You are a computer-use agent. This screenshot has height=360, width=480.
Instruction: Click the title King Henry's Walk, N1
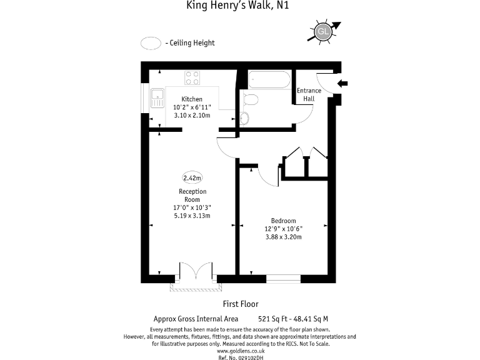click(240, 6)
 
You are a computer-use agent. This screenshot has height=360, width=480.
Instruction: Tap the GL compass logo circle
click(323, 31)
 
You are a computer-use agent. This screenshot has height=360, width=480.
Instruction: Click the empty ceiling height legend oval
click(151, 43)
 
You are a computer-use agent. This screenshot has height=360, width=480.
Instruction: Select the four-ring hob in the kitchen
click(192, 78)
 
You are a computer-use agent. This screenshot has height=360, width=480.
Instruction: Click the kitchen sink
click(156, 98)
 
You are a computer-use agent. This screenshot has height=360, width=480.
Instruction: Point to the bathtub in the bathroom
click(269, 80)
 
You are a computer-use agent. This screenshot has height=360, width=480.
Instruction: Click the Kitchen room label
click(192, 99)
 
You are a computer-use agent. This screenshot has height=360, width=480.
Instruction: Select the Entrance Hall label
click(309, 94)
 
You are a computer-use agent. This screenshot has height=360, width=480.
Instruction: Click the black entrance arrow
click(342, 83)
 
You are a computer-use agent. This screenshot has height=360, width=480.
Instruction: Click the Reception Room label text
click(192, 195)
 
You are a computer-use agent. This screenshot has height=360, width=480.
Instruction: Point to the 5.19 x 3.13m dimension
click(192, 216)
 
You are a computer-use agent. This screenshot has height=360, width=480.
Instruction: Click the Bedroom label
click(283, 220)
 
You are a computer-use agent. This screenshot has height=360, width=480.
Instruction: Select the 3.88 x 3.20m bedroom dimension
click(283, 237)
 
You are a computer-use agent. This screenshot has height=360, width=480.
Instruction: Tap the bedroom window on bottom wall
click(283, 278)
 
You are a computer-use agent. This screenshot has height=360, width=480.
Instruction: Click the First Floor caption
click(240, 304)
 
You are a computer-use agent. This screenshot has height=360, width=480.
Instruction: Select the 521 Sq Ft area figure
click(272, 318)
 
